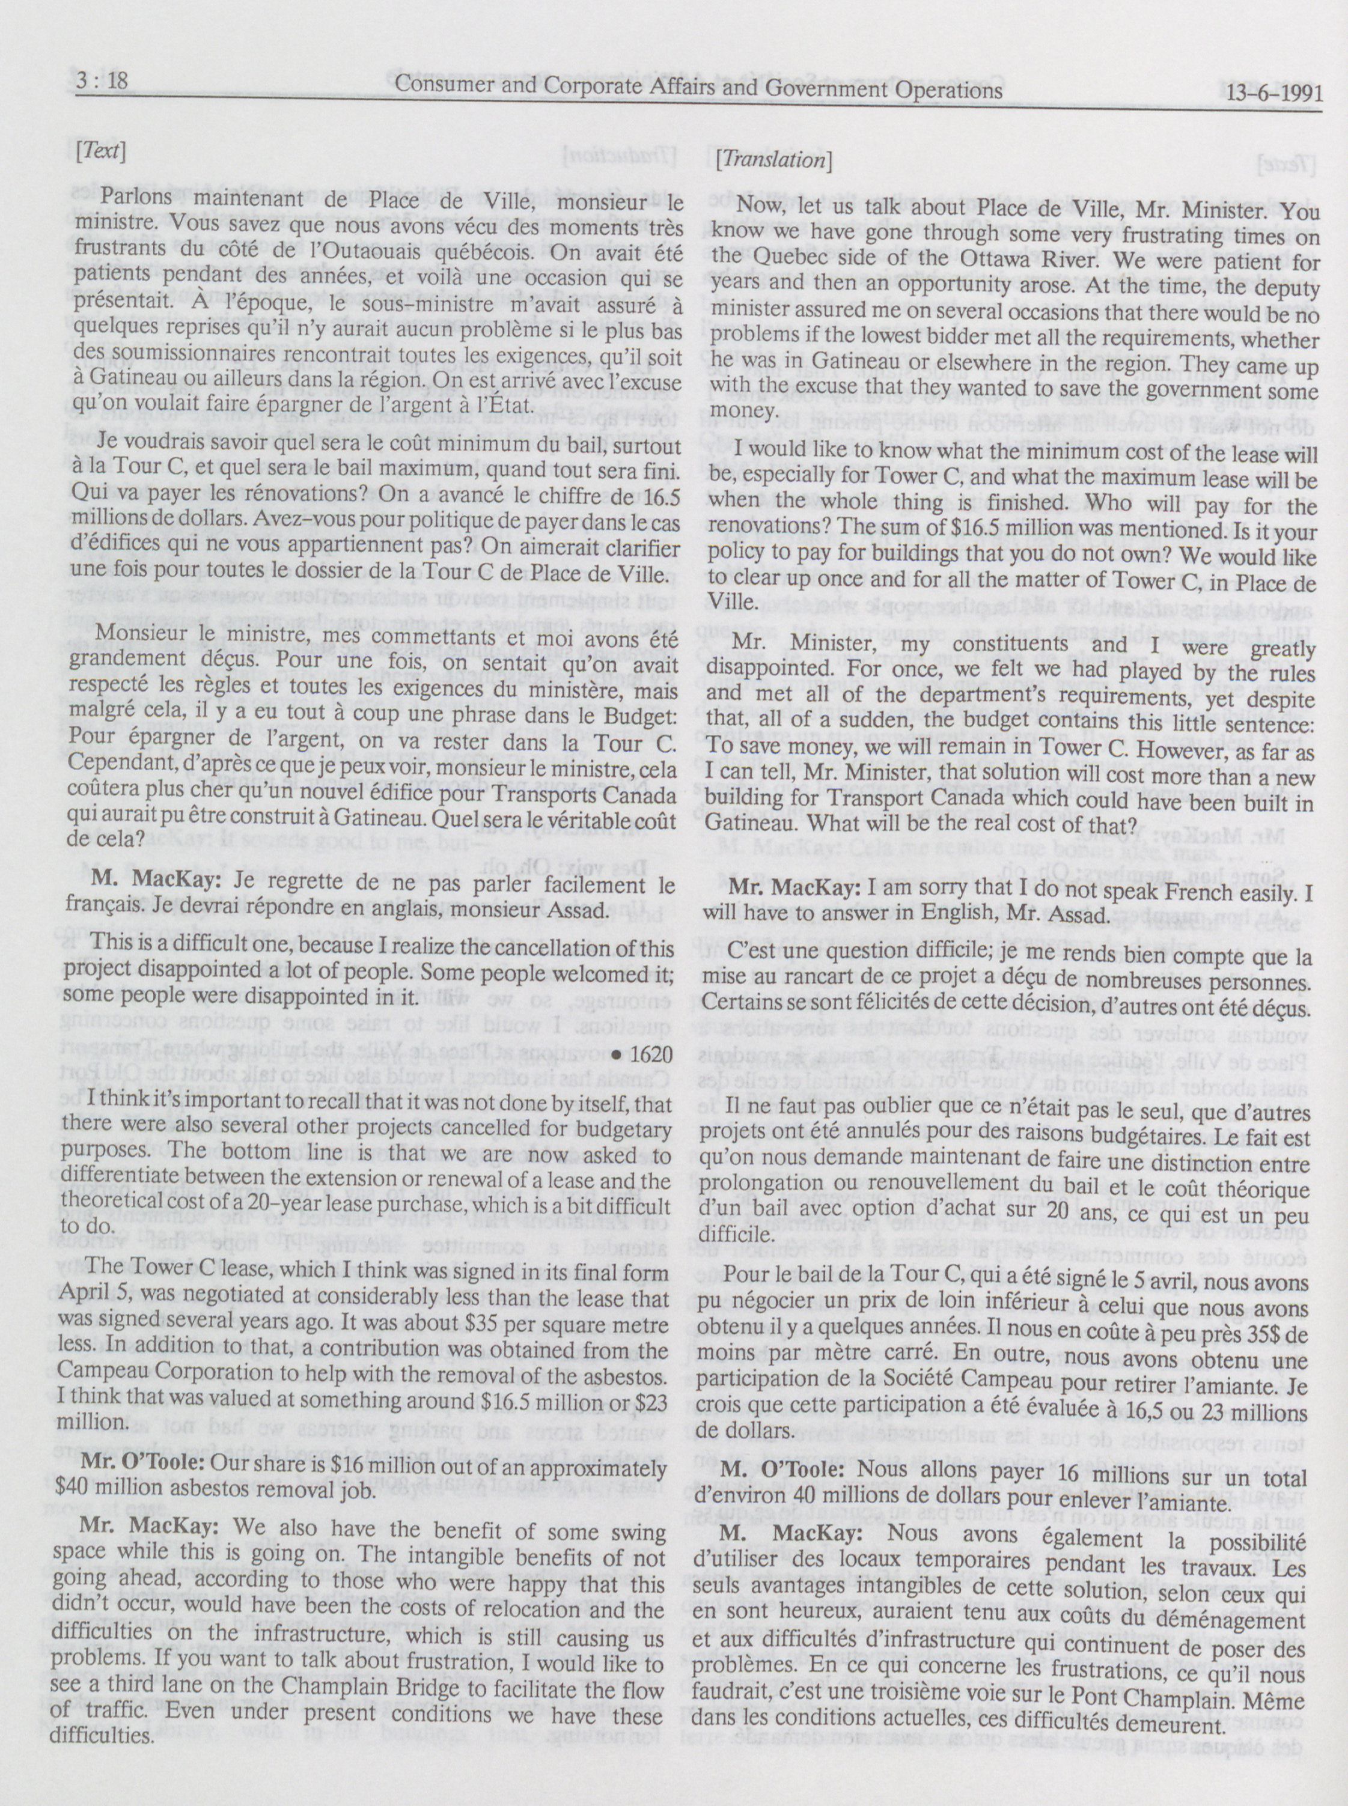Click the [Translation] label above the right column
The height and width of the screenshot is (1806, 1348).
tap(773, 160)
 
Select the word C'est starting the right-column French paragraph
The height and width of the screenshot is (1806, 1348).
tap(755, 952)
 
